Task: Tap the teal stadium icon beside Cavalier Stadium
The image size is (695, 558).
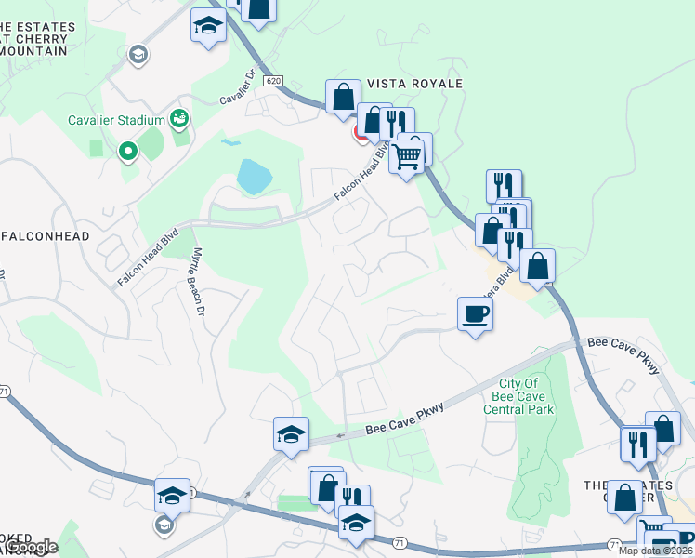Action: (179, 119)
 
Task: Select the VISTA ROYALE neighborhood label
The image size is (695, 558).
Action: (415, 84)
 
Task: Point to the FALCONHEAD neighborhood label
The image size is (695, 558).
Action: (45, 236)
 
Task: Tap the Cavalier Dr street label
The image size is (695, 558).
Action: (238, 86)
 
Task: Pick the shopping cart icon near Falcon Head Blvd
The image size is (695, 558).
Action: (406, 156)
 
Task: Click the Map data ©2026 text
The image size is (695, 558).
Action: (656, 551)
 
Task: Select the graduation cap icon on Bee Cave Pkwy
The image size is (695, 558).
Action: (291, 434)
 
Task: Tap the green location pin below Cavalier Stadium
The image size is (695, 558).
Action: (127, 150)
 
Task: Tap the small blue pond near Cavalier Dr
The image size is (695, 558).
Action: (229, 143)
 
